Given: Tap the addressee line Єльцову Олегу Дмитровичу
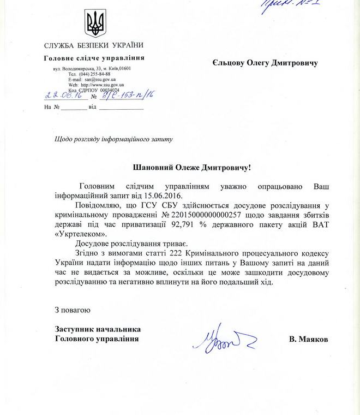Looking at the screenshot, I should click(x=263, y=63).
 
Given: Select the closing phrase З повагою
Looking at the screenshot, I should click(x=71, y=311).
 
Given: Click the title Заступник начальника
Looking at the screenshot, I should click(x=98, y=329).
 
